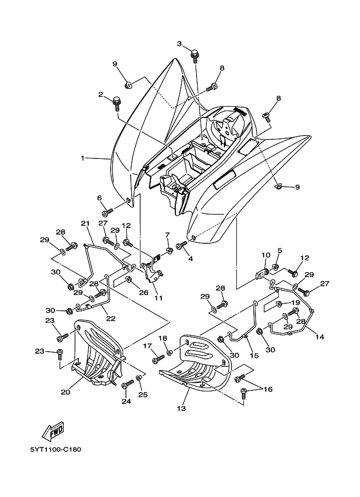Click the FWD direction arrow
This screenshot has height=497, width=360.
[53, 432]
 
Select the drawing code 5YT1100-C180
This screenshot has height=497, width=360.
[56, 450]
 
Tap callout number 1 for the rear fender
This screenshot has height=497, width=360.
[83, 158]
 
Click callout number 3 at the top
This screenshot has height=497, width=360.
[180, 44]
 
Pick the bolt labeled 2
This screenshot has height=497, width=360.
[116, 101]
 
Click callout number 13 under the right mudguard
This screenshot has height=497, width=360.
[181, 408]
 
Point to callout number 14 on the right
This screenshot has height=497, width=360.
[319, 337]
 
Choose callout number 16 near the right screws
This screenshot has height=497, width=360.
[268, 389]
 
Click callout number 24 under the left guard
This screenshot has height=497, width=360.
[126, 402]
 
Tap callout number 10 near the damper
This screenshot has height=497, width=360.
[266, 255]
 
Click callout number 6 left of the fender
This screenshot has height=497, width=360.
[100, 198]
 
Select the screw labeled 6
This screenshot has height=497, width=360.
[107, 210]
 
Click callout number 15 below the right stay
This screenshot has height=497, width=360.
[253, 355]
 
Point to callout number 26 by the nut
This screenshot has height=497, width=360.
[144, 292]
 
